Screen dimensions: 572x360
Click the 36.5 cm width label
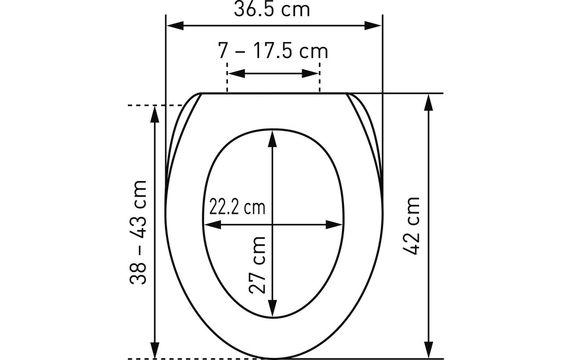tap(272, 9)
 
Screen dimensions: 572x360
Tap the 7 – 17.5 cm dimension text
tap(273, 51)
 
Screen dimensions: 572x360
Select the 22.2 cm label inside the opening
tap(237, 207)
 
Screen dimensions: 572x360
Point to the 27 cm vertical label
tap(257, 265)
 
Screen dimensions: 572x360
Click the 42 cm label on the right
tap(412, 226)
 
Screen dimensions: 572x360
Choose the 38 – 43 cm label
tap(138, 232)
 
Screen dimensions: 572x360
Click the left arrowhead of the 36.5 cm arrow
tap(175, 26)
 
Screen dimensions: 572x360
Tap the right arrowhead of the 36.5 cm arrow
tap(373, 26)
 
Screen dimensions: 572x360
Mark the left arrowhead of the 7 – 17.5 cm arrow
tap(236, 73)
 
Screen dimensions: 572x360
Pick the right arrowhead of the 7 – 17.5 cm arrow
tap(311, 73)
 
